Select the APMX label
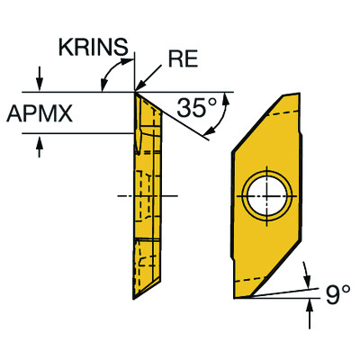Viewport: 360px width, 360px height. click(37, 112)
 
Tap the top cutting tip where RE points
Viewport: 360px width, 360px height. click(135, 91)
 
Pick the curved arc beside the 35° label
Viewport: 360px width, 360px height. click(221, 115)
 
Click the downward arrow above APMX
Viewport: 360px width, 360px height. click(39, 77)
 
